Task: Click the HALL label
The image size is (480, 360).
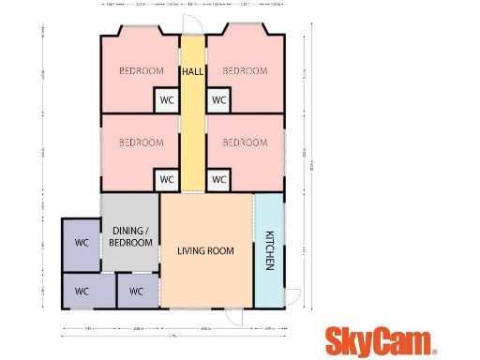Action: point(193,71)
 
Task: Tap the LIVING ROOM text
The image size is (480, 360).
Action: point(205,250)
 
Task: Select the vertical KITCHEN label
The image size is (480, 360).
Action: point(268,249)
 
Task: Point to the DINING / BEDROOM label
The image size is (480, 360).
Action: point(131,236)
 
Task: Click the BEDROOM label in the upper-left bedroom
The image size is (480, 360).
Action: point(141,71)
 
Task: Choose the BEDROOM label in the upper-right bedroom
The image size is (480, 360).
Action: point(245,71)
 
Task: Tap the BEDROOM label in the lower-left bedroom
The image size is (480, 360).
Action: point(141,142)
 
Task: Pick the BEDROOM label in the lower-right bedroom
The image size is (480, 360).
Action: point(245,142)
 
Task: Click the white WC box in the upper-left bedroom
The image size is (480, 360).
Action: point(167,99)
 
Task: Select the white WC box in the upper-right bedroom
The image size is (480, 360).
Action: point(219,99)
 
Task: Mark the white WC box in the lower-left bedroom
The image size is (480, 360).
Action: point(167,178)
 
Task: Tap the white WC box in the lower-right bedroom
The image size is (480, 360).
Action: point(219,178)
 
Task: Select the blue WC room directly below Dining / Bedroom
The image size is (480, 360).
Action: point(137,291)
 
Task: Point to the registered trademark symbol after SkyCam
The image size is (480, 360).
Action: point(435,352)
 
